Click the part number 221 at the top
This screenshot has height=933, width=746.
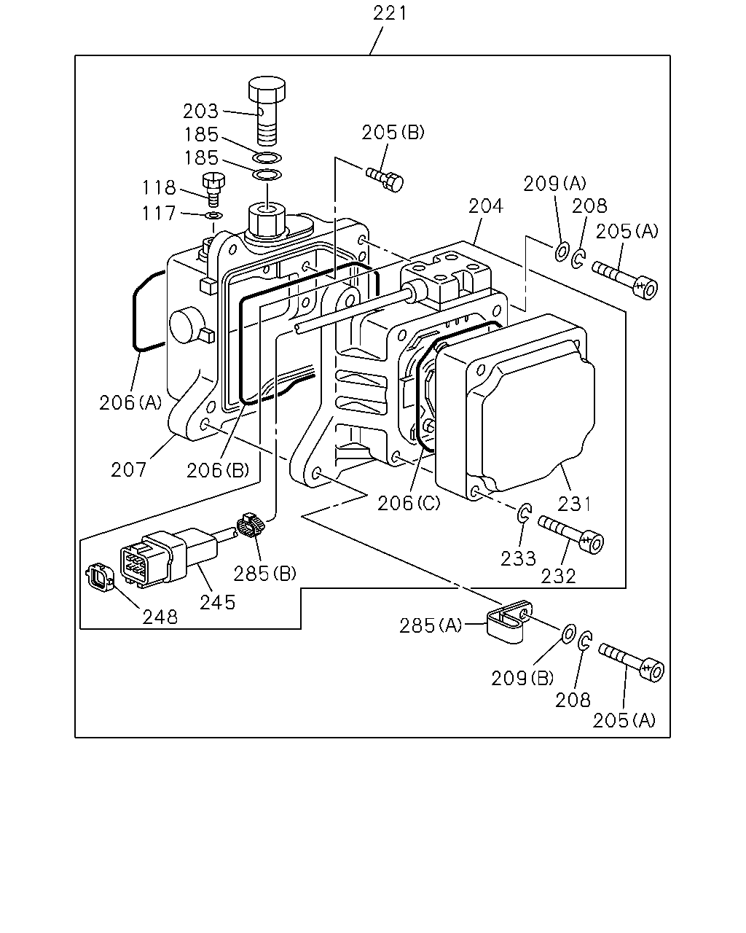[390, 13]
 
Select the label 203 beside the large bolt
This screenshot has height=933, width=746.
[200, 112]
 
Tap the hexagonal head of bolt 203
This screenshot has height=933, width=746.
[267, 88]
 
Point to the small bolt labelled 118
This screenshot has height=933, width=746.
[213, 190]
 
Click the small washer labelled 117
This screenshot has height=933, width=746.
[214, 216]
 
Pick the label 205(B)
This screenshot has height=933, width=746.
[393, 132]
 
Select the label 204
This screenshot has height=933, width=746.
[485, 206]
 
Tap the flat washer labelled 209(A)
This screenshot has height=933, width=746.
[562, 252]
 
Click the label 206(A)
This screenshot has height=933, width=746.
[130, 403]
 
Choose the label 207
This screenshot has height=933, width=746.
[128, 470]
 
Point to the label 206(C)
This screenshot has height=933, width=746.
[408, 504]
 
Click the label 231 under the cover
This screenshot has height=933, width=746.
[574, 504]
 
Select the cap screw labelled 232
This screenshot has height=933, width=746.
[571, 534]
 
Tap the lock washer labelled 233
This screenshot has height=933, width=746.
[524, 513]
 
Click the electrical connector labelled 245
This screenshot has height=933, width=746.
[169, 559]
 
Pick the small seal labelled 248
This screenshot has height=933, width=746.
[99, 577]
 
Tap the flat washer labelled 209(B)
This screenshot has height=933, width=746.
[569, 634]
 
